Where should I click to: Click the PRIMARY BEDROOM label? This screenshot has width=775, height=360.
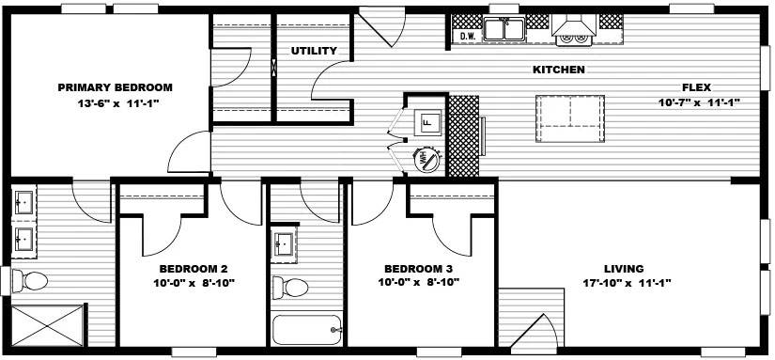(116, 87)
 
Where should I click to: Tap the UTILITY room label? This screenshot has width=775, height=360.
(314, 51)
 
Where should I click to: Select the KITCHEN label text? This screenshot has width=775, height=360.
(559, 70)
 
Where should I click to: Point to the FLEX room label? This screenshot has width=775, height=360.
(696, 87)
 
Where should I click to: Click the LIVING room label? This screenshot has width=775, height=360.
(625, 269)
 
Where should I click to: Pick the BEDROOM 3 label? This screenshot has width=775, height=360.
(419, 269)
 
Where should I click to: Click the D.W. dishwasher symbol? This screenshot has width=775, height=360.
(468, 36)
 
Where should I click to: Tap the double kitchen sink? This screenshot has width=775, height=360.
(504, 28)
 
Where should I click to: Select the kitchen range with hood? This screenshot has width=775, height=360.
(573, 31)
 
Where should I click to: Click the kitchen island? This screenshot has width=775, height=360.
(570, 118)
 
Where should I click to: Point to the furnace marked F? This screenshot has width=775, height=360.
(426, 121)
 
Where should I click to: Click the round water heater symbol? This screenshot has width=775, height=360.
(426, 160)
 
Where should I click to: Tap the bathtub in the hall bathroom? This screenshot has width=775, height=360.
(307, 329)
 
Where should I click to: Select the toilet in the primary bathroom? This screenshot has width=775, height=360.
(29, 281)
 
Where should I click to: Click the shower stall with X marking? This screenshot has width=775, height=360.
(48, 326)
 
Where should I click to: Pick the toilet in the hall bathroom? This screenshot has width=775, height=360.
(290, 287)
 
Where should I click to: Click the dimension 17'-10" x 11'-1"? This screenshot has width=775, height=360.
(625, 283)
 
